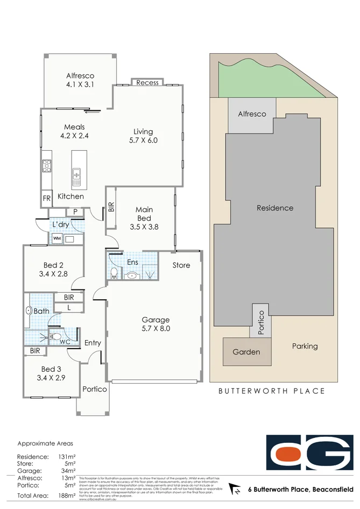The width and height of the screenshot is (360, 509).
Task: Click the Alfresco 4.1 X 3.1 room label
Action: [79, 80]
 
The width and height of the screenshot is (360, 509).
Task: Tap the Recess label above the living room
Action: [147, 82]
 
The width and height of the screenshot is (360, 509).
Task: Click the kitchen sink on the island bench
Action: [76, 175]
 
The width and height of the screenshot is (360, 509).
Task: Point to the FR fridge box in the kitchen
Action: [47, 199]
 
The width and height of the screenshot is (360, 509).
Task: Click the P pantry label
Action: [75, 212]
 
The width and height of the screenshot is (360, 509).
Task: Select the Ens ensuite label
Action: [132, 262]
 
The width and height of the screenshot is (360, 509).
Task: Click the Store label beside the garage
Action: [181, 265]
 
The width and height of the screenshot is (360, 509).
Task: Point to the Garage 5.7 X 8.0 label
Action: [156, 324]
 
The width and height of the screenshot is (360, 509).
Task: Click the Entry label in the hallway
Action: [93, 343]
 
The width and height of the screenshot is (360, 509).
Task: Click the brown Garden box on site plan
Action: [246, 352]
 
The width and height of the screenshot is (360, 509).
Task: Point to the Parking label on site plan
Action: [305, 346]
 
